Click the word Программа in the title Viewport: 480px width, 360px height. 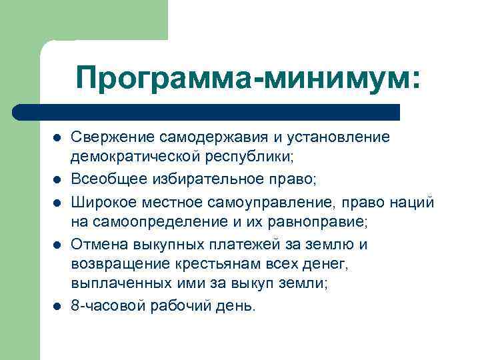pyautogui.click(x=168, y=77)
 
